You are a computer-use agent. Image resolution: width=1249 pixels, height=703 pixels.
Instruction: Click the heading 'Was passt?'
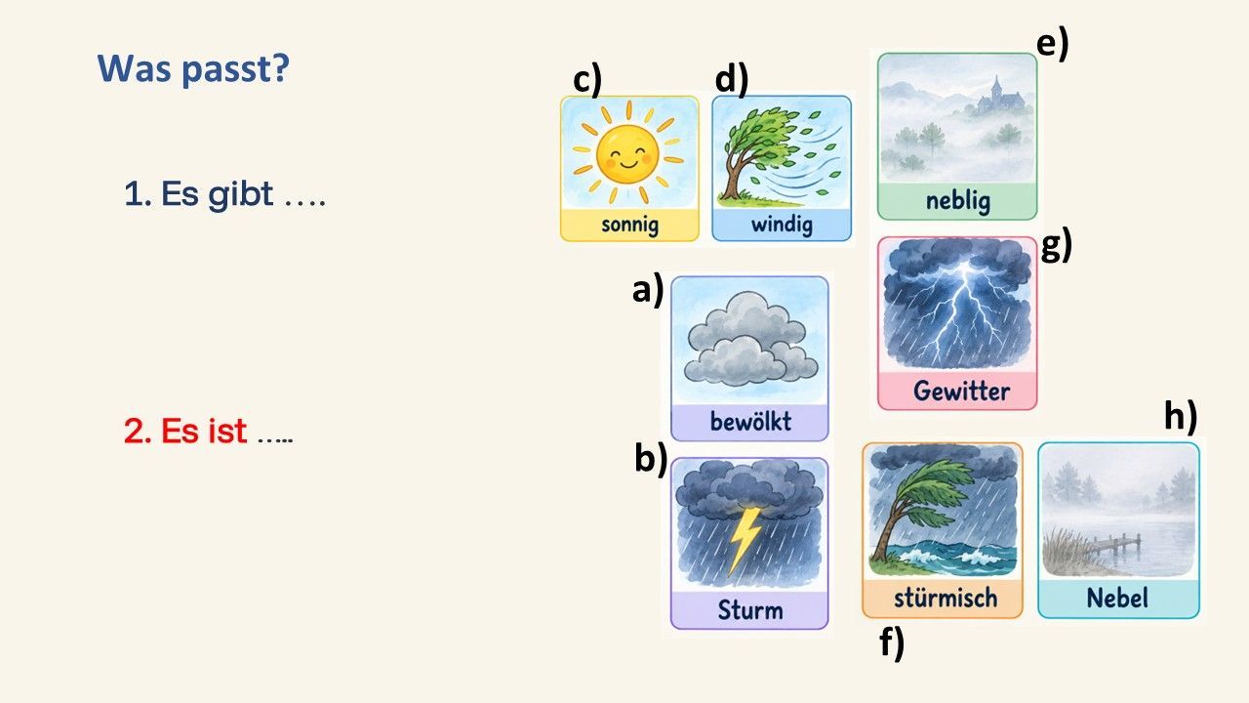point(193,69)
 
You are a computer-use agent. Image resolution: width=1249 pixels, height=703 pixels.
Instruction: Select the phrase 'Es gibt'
point(217,194)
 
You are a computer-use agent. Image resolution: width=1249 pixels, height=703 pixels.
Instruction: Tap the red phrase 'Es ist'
point(204,431)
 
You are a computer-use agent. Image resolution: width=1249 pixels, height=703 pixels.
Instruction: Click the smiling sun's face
point(627,154)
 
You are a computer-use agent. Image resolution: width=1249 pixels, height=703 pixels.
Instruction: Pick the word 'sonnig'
point(629,225)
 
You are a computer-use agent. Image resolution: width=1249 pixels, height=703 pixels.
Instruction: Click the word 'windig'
point(782,225)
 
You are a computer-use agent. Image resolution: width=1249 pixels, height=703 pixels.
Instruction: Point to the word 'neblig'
point(958,201)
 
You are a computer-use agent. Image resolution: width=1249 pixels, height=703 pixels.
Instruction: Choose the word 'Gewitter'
point(961,391)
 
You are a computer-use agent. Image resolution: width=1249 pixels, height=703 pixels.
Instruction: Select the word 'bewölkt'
point(750,421)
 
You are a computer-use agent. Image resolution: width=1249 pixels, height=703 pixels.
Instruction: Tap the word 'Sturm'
point(750,610)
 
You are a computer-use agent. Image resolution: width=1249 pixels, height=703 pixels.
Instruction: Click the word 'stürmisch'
point(946,599)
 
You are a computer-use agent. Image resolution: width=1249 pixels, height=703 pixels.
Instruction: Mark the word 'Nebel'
point(1117,599)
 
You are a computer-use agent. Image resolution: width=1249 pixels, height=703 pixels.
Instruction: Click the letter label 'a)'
point(648,290)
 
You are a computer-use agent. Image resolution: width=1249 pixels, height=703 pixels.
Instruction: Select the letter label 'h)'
point(1181,415)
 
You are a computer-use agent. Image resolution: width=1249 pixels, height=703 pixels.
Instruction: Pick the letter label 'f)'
point(892,642)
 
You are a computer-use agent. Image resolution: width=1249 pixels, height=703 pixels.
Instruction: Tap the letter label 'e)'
point(1052,44)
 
